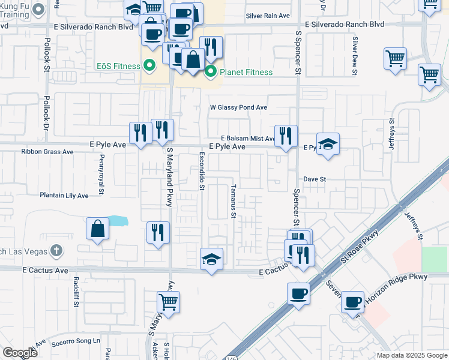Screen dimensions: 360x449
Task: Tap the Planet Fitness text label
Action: coord(246,73)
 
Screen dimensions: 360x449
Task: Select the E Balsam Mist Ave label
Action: coord(247,138)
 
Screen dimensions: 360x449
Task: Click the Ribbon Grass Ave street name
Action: coord(47,152)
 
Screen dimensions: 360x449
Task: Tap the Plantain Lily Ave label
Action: coord(64,196)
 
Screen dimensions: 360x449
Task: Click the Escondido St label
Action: coord(202,170)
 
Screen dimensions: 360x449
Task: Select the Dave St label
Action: coord(314,179)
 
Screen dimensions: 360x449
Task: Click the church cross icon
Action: coord(55,249)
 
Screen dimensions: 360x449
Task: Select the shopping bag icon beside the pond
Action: coord(97,229)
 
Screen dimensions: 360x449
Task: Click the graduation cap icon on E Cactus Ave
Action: coord(211,259)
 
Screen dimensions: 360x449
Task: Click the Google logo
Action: coord(20,352)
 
